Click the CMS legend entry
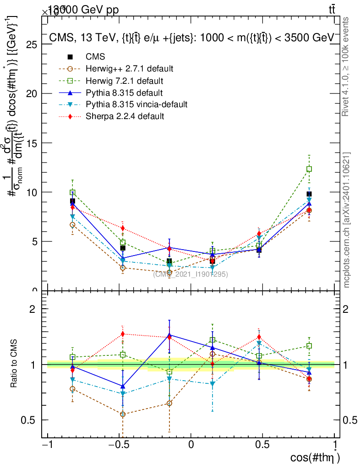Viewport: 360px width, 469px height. tap(95, 57)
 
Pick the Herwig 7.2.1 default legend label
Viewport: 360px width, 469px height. tap(125, 81)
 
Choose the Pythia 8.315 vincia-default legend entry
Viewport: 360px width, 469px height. tap(136, 104)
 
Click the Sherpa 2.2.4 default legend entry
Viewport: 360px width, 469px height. tap(125, 116)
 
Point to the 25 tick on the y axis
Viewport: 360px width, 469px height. tap(32, 44)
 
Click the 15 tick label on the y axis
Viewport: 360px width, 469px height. tap(32, 143)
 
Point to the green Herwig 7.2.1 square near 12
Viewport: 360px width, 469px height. tap(309, 169)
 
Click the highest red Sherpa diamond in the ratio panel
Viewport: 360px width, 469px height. tap(123, 334)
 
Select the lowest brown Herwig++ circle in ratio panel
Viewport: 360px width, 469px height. tap(123, 414)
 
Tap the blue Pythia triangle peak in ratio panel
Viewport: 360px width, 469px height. tap(169, 335)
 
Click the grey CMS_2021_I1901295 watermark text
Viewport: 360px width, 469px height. tap(191, 274)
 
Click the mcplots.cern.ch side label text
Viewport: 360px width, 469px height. tap(347, 220)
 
